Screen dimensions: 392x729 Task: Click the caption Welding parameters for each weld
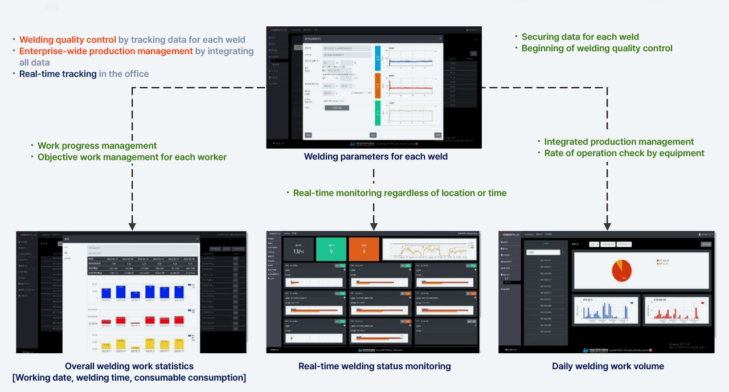click(375, 157)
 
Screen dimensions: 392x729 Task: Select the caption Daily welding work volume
click(608, 366)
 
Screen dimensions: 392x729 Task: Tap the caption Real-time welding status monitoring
click(374, 366)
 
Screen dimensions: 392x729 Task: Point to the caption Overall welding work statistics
click(129, 366)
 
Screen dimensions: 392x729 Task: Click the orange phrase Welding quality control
click(68, 40)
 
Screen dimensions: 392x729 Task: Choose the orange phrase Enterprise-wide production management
click(106, 51)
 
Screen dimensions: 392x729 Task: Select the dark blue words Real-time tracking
click(58, 74)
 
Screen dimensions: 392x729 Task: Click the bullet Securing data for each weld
click(580, 37)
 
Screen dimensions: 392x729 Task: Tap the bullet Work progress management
click(97, 146)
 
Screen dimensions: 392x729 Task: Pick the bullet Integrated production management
click(619, 142)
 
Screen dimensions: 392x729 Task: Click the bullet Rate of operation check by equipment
click(624, 153)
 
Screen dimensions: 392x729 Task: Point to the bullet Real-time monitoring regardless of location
click(400, 193)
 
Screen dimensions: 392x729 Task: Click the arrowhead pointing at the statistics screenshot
click(132, 226)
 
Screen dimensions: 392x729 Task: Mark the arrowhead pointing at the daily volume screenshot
click(608, 226)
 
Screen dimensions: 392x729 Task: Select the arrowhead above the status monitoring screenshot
click(374, 226)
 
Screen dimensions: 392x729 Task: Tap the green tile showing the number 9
click(331, 250)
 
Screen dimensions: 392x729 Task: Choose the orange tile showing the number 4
click(364, 250)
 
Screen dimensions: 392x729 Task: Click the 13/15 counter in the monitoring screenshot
click(298, 250)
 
